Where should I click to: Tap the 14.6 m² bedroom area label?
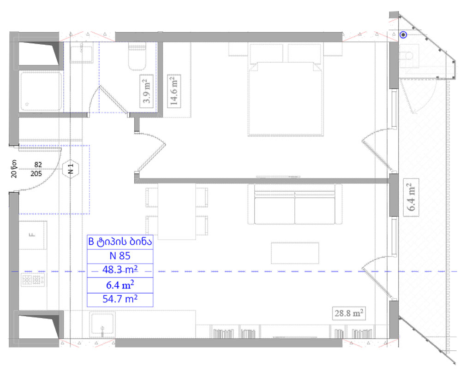click(174, 91)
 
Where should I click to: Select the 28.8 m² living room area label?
click(349, 313)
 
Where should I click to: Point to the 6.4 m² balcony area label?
click(411, 197)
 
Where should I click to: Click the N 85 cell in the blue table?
click(120, 256)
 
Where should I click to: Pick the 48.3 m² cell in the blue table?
click(120, 270)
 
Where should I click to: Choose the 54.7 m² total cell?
click(120, 299)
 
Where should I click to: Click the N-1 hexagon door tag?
click(71, 169)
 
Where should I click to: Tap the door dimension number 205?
click(36, 174)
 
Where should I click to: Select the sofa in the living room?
click(295, 204)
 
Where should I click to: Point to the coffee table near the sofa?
click(295, 253)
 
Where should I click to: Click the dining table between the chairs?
click(177, 212)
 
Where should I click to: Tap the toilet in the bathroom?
click(137, 56)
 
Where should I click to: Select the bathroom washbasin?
click(81, 53)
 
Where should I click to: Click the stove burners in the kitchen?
click(33, 280)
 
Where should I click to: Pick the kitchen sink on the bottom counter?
click(102, 325)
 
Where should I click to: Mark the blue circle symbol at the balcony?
click(403, 35)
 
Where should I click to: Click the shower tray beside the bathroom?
click(41, 90)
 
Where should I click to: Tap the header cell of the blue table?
click(120, 242)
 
